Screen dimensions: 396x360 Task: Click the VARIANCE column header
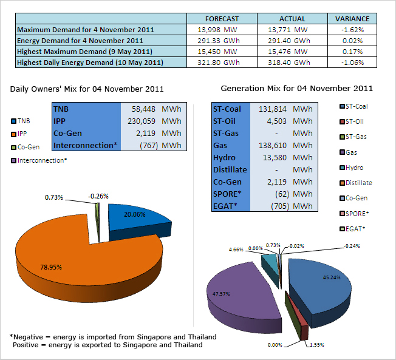(352, 19)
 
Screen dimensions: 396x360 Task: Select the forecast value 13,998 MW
(217, 30)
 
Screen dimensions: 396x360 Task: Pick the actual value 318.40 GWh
(289, 63)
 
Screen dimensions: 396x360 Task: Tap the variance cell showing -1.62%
(352, 30)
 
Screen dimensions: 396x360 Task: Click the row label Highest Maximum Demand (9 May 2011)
(84, 52)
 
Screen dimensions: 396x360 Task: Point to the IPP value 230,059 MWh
(154, 121)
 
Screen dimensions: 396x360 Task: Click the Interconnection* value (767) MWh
(160, 146)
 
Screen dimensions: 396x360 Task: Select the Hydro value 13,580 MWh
(288, 157)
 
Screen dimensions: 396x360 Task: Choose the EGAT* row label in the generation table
(225, 206)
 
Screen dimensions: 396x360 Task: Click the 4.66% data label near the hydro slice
(236, 250)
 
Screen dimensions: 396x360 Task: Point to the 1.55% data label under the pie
(316, 345)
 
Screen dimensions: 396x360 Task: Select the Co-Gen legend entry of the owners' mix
(26, 147)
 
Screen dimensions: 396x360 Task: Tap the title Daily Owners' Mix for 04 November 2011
(87, 89)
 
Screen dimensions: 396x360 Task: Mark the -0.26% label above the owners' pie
(98, 196)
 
